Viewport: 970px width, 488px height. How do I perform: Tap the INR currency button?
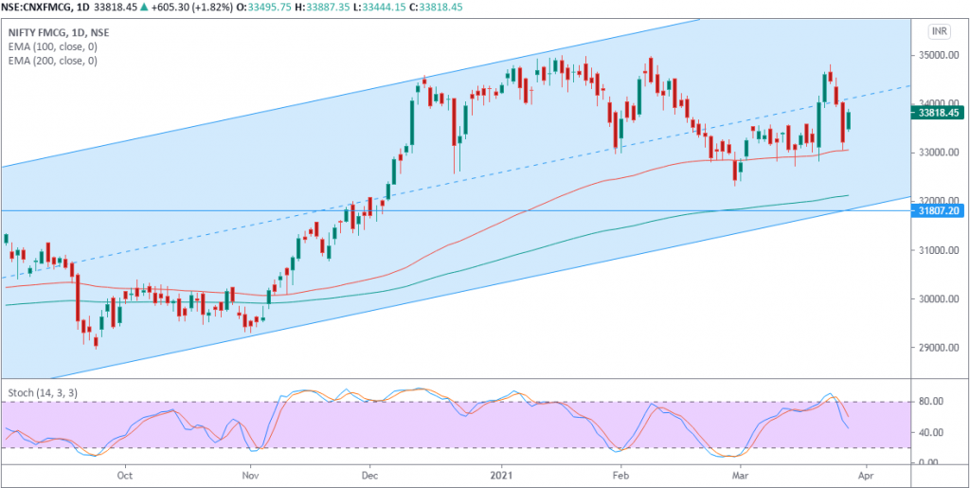(939, 31)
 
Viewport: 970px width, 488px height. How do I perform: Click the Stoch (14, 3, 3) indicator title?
(42, 391)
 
